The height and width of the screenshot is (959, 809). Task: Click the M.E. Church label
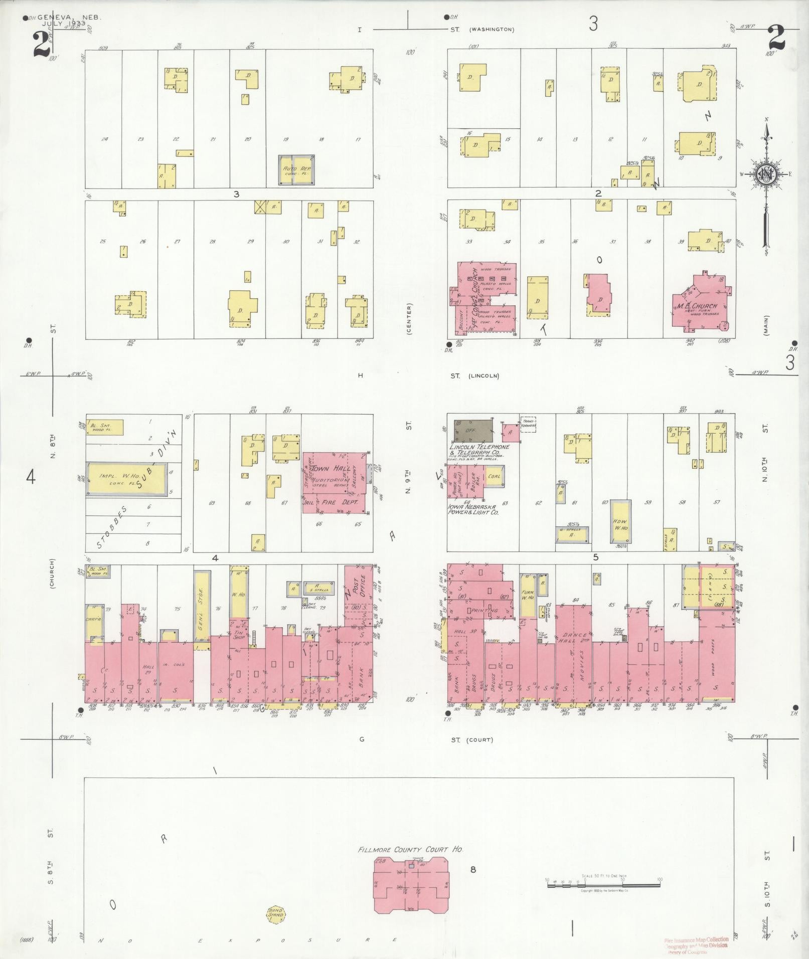point(698,306)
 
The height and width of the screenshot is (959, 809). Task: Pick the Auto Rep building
point(296,170)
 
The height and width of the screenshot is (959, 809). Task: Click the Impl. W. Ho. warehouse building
point(126,479)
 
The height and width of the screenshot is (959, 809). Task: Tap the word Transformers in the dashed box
point(528,424)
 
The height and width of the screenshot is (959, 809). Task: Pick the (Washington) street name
point(492,30)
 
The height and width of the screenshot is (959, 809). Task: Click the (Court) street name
point(479,740)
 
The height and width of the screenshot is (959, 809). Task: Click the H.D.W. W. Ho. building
point(620,521)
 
